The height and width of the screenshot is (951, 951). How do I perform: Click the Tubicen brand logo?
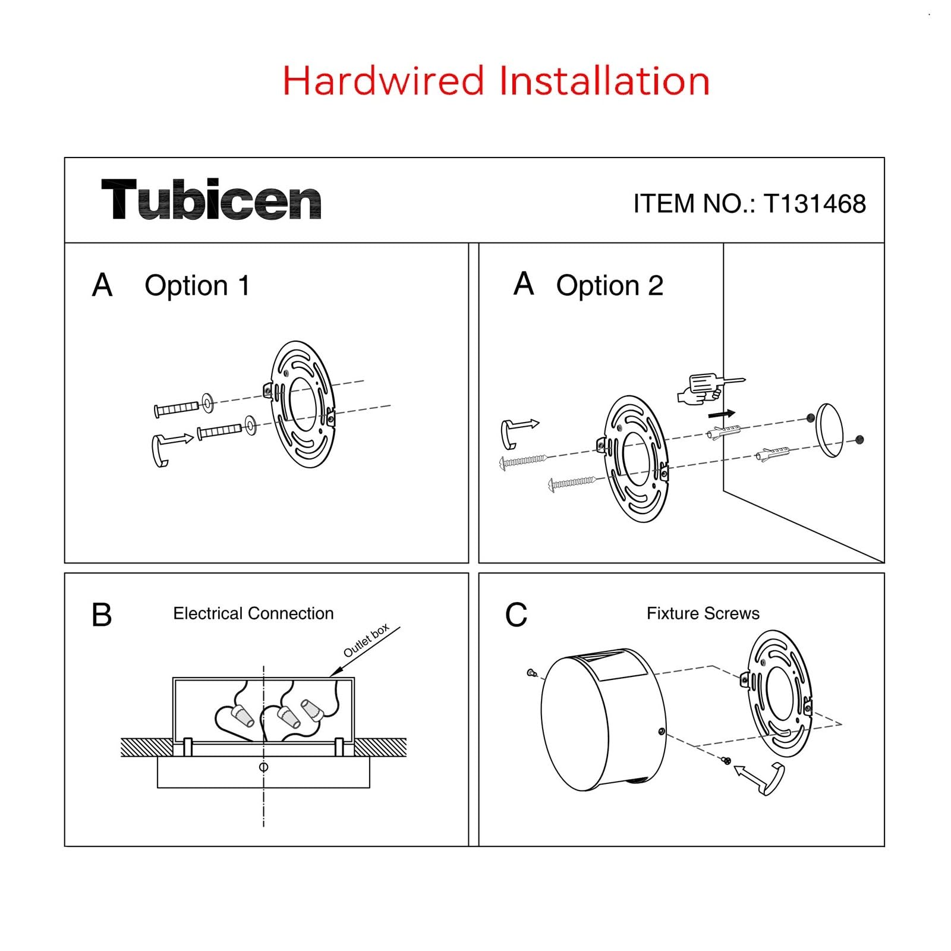[211, 200]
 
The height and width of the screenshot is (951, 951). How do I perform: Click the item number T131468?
[750, 204]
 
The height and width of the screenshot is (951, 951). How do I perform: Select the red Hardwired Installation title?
[496, 81]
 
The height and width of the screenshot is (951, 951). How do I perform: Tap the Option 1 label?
[197, 286]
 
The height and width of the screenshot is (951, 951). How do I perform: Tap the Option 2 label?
[609, 286]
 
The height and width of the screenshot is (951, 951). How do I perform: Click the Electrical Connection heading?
[253, 613]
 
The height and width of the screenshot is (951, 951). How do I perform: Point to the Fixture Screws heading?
[703, 613]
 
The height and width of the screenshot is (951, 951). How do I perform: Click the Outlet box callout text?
[366, 640]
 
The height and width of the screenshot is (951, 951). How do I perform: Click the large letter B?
[102, 615]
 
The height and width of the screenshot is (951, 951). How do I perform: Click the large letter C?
[516, 615]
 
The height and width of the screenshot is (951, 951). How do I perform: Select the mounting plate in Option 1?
[303, 404]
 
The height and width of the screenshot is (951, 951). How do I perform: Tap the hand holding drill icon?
[707, 388]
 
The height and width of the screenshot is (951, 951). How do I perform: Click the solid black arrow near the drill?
[722, 414]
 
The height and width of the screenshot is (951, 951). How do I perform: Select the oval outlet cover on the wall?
[830, 430]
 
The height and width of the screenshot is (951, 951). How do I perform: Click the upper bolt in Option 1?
[177, 409]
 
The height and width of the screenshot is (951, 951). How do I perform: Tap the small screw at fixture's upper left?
[532, 673]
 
